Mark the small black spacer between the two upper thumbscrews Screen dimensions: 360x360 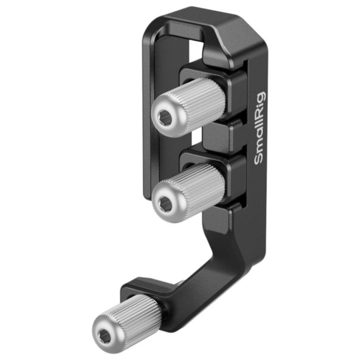click(219, 136)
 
